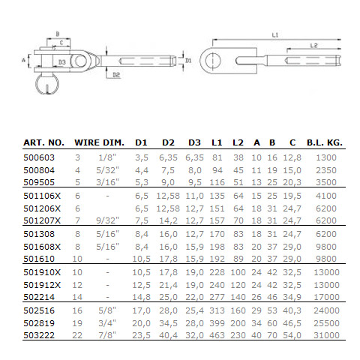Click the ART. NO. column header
click(x=43, y=142)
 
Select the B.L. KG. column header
click(x=325, y=142)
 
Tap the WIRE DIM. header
click(x=99, y=142)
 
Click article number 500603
click(x=39, y=157)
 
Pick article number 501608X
click(x=42, y=247)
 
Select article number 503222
click(x=39, y=335)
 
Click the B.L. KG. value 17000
click(x=326, y=297)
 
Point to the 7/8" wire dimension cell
click(x=107, y=335)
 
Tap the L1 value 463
click(x=217, y=335)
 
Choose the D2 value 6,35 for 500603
click(x=168, y=157)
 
